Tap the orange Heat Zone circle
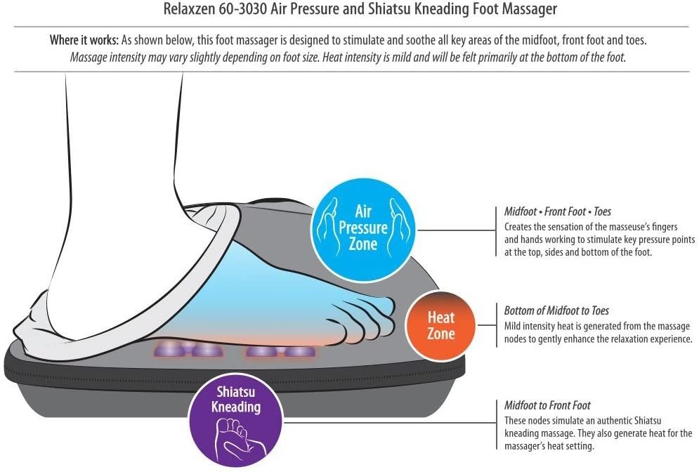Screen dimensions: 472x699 440,326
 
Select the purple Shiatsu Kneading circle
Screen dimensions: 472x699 236,418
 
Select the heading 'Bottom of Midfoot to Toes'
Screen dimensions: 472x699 556,310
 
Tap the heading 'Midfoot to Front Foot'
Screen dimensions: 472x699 547,405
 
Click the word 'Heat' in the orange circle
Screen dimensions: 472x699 441,317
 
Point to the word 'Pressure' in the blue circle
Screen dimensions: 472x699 363,228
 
